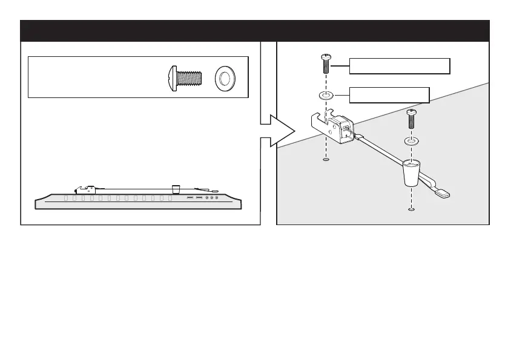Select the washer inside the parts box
[x=226, y=78]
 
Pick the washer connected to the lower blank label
[x=326, y=95]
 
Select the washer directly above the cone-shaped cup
[x=411, y=141]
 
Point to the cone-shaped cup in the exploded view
[x=411, y=172]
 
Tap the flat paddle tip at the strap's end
[x=443, y=193]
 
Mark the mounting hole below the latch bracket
[x=326, y=160]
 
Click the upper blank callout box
[x=400, y=65]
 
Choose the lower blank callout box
[x=390, y=94]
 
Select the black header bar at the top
[x=254, y=30]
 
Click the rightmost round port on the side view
[x=217, y=198]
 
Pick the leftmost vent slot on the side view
[x=67, y=198]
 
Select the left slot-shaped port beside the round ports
[x=190, y=198]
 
